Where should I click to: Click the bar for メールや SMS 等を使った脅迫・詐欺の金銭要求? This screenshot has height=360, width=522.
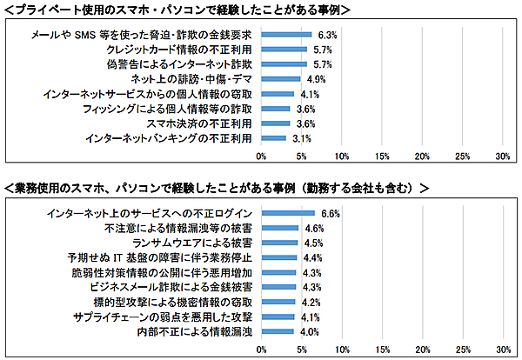286,35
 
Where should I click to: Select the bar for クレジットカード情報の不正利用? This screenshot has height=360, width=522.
284,50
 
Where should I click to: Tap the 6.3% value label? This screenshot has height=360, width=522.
327,35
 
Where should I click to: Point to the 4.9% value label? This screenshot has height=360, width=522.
316,79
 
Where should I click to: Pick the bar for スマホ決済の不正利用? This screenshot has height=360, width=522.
276,123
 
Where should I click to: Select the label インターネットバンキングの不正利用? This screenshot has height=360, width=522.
169,138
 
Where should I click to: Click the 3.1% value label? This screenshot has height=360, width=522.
302,138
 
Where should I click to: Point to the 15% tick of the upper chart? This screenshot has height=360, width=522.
381,157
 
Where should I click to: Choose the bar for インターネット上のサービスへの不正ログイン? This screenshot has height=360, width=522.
288,213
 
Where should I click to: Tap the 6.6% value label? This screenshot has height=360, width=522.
330,213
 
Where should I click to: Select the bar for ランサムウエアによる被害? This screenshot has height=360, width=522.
279,243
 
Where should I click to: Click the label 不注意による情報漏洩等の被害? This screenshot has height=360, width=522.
178,228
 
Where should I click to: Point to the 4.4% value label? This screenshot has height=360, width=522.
312,257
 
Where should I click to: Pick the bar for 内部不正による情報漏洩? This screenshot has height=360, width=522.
278,331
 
